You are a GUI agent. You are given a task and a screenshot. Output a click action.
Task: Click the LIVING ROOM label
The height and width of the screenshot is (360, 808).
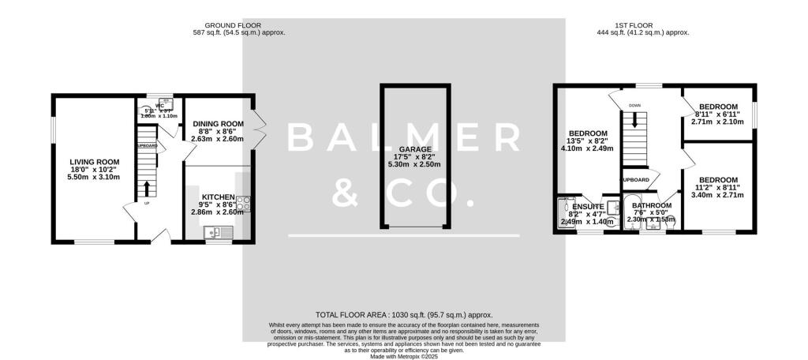[94, 161]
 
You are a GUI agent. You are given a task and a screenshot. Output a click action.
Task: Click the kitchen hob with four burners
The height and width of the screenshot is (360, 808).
[245, 204]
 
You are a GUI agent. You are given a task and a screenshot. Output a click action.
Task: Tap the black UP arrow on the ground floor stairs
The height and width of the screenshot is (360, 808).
[146, 189]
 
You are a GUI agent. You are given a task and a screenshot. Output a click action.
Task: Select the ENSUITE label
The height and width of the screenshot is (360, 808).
[588, 207]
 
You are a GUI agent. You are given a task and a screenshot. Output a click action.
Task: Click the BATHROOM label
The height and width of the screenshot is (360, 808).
[652, 205]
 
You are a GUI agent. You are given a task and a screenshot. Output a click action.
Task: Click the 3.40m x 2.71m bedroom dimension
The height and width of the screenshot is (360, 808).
[719, 195]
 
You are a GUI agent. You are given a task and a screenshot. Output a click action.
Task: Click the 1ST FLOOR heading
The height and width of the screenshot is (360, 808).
[644, 25]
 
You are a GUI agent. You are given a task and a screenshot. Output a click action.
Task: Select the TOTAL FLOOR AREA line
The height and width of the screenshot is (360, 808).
[404, 314]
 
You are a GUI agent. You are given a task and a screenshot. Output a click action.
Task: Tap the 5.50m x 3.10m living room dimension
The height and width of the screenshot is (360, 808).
[94, 177]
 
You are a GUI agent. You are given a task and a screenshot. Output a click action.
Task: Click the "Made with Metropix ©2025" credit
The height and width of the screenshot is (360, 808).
[404, 356]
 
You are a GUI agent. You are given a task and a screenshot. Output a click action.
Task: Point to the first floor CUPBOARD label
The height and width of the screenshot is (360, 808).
[636, 180]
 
